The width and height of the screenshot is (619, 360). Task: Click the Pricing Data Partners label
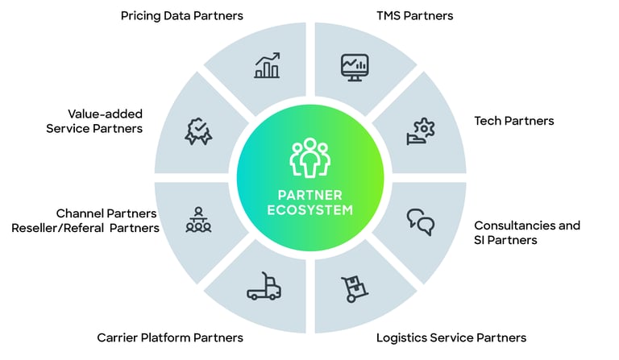pyautogui.click(x=181, y=15)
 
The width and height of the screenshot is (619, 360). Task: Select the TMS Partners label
pyautogui.click(x=414, y=15)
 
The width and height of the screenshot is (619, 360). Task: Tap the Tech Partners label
pyautogui.click(x=514, y=121)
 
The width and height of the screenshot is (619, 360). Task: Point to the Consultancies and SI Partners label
pyautogui.click(x=527, y=233)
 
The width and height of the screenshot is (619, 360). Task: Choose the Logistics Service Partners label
pyautogui.click(x=451, y=337)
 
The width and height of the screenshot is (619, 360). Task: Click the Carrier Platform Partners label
pyautogui.click(x=170, y=337)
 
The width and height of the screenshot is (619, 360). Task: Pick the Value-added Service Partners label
pyautogui.click(x=94, y=121)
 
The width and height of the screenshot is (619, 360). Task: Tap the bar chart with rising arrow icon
pyautogui.click(x=267, y=66)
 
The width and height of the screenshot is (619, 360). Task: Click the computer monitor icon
pyautogui.click(x=355, y=66)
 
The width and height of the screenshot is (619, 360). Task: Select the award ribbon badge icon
pyautogui.click(x=198, y=130)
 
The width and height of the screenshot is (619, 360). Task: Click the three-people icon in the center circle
pyautogui.click(x=310, y=158)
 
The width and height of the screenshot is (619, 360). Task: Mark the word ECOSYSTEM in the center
pyautogui.click(x=310, y=212)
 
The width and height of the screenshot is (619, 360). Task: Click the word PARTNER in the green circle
pyautogui.click(x=310, y=196)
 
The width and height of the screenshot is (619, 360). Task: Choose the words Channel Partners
pyautogui.click(x=106, y=213)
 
